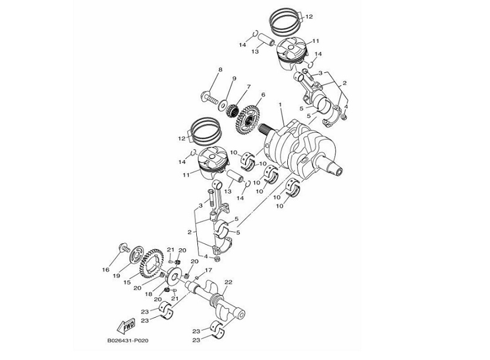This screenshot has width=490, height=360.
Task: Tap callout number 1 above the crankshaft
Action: pyautogui.click(x=280, y=105)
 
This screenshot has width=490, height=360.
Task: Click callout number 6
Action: pyautogui.click(x=263, y=95)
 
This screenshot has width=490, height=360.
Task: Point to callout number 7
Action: pyautogui.click(x=248, y=87)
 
